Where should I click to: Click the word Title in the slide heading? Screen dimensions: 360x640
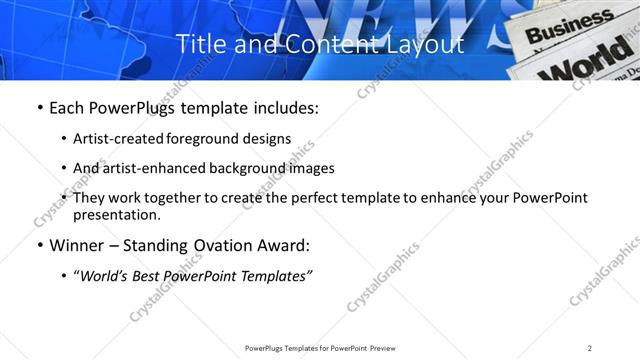(198, 44)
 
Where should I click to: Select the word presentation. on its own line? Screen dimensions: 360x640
(117, 214)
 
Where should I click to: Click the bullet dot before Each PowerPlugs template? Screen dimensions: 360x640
(39, 108)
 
